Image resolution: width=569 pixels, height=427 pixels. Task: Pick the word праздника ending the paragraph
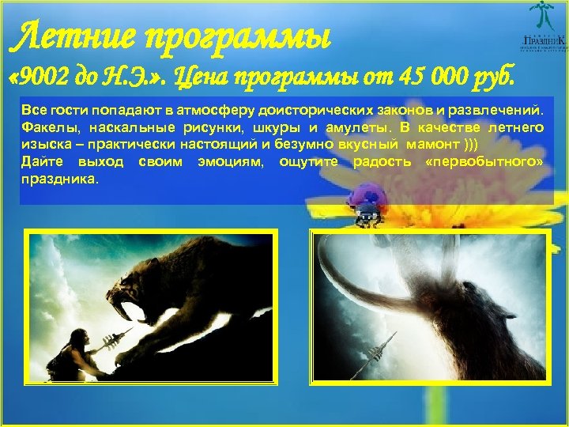pos(59,179)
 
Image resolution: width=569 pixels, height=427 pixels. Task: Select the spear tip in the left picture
pos(126,331)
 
